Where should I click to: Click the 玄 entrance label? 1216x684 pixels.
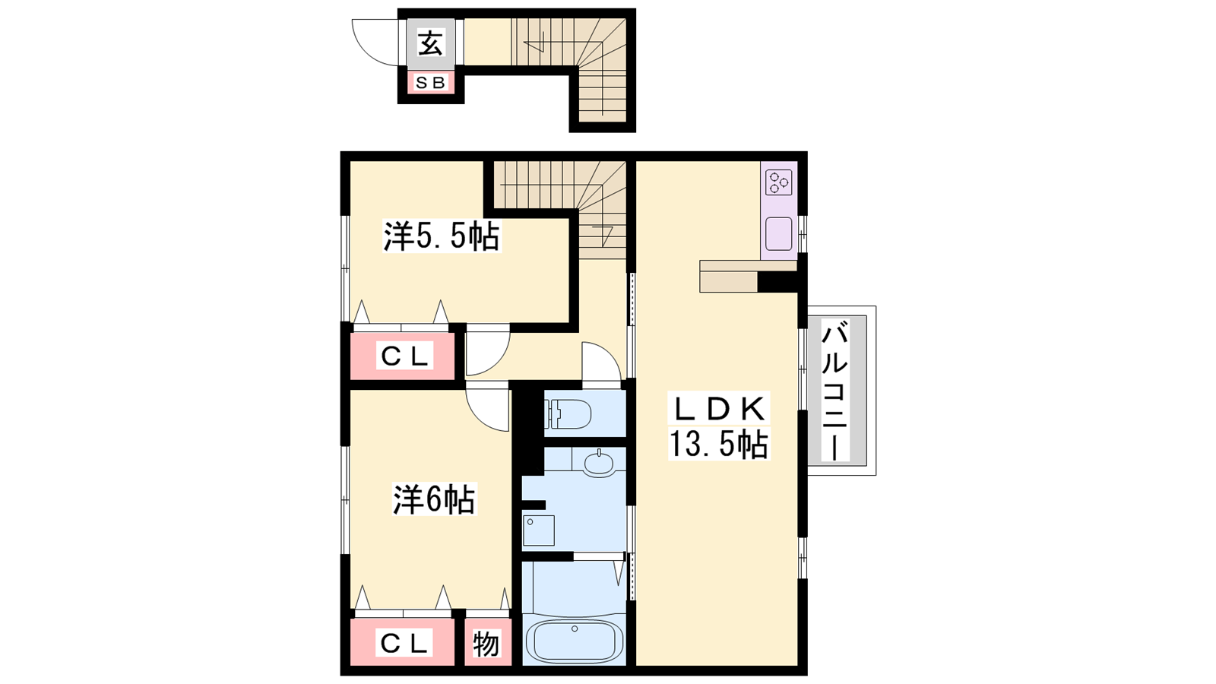(x=430, y=43)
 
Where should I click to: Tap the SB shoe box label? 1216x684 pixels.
(x=430, y=83)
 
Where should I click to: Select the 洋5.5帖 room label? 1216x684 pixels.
(x=442, y=236)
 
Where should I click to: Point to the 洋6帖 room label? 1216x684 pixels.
(x=434, y=499)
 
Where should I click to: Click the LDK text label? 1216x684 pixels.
(x=718, y=409)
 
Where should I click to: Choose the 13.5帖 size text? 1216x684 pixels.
(x=718, y=444)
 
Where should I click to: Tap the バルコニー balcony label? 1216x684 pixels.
(x=835, y=390)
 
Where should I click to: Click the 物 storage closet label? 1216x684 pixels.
(x=486, y=644)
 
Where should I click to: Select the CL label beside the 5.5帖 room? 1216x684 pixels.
(x=405, y=356)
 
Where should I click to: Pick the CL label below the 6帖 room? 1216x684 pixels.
(x=405, y=644)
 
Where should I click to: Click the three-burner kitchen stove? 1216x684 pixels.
(x=779, y=182)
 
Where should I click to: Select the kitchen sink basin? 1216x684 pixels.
(x=779, y=234)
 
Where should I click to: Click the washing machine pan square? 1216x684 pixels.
(x=539, y=530)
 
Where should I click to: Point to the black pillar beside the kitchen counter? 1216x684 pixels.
(x=777, y=282)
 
